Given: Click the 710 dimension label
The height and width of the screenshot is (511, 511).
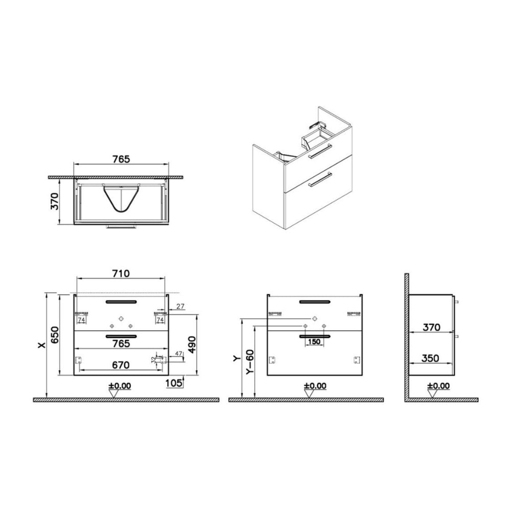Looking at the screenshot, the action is click(121, 273).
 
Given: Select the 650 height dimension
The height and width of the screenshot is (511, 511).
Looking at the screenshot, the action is click(55, 335).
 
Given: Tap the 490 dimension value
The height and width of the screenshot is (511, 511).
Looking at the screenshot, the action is click(192, 345).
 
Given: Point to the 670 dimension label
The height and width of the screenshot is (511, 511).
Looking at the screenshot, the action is click(121, 365).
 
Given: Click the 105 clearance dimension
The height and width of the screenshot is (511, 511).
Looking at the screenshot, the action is click(174, 383).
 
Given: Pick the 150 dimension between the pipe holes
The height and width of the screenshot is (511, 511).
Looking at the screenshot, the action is click(314, 342).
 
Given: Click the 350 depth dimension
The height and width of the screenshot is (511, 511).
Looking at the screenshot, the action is click(430, 358).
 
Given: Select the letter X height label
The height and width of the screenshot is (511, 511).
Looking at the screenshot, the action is click(42, 345).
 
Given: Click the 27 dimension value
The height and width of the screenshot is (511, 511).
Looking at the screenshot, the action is click(180, 306).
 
